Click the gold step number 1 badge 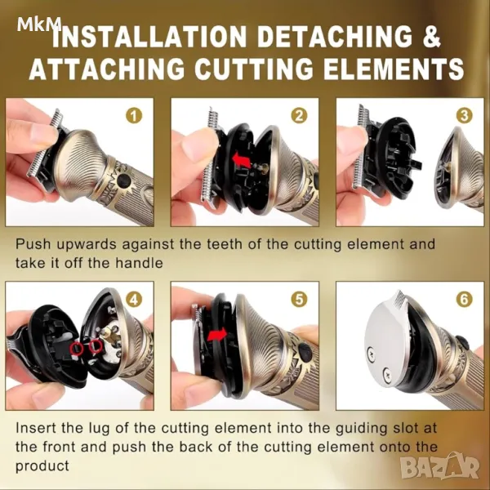134,116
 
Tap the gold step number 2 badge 299,116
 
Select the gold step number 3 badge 464,116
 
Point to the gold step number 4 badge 134,300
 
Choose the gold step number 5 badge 299,300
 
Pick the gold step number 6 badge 464,300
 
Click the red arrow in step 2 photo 242,161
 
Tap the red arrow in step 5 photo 218,336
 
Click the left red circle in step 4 77,349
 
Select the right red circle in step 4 96,346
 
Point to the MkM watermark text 39,24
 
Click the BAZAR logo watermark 440,468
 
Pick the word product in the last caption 42,466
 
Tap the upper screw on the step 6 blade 370,353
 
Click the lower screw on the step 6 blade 387,373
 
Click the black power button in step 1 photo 124,180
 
